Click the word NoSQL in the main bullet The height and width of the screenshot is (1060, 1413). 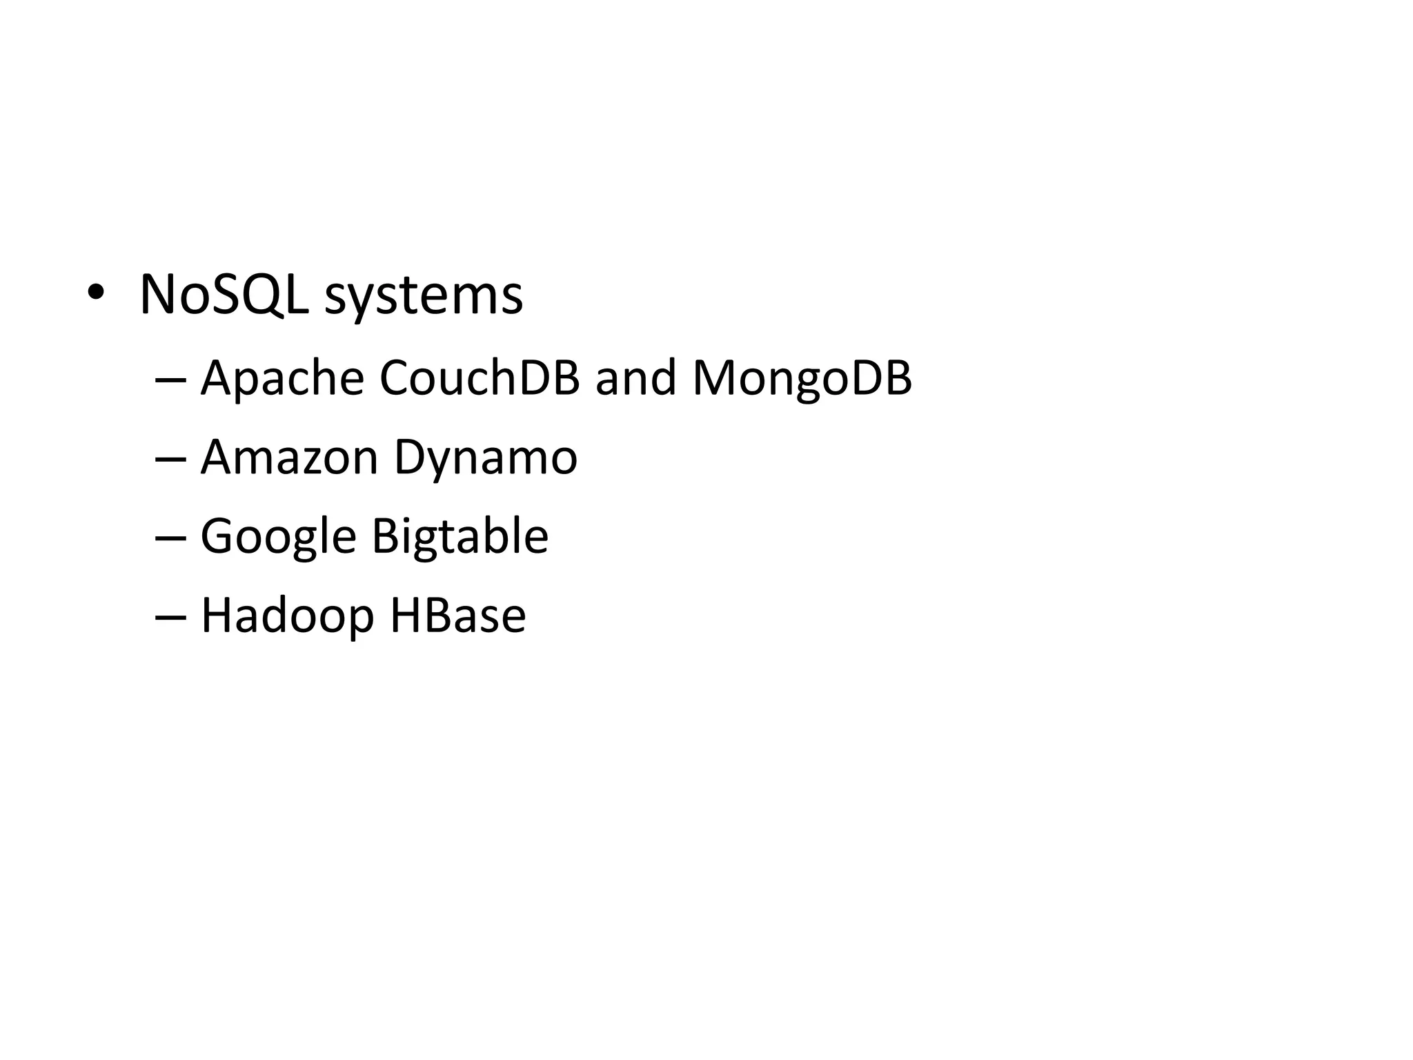(223, 295)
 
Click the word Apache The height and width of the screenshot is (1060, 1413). (282, 379)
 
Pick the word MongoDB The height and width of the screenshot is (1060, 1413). (802, 379)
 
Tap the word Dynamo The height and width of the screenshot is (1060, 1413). (485, 458)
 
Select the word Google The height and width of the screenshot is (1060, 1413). (278, 537)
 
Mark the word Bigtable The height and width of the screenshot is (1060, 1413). (460, 536)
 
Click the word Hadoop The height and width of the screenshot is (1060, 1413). (287, 616)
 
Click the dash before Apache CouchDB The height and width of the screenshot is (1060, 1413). (170, 381)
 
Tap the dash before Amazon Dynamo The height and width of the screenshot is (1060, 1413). (170, 460)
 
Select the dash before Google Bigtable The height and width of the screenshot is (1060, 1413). (170, 539)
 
